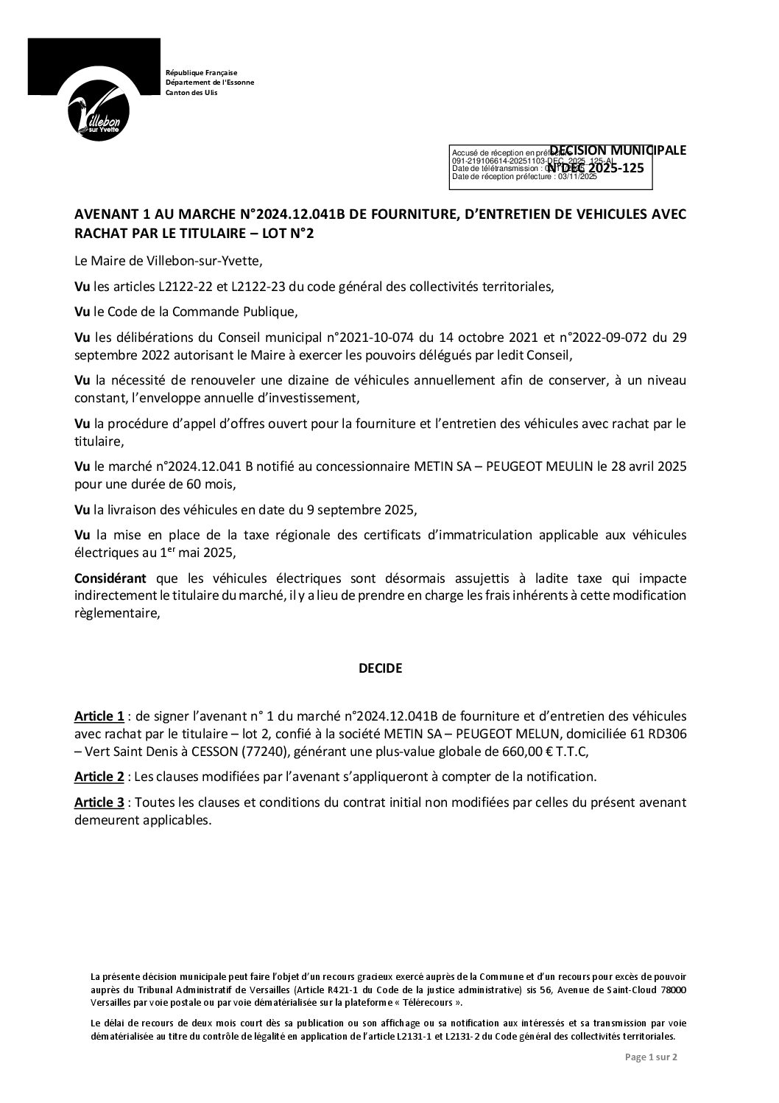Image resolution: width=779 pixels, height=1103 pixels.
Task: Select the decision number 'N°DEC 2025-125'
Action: click(596, 168)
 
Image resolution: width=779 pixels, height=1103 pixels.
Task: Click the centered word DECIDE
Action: click(380, 668)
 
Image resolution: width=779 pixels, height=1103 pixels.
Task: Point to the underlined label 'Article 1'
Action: click(99, 716)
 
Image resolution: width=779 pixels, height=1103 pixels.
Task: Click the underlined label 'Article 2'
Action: click(99, 776)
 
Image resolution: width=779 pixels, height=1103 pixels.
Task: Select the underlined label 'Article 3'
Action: click(99, 802)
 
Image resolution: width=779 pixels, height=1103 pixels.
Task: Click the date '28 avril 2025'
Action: click(651, 467)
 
